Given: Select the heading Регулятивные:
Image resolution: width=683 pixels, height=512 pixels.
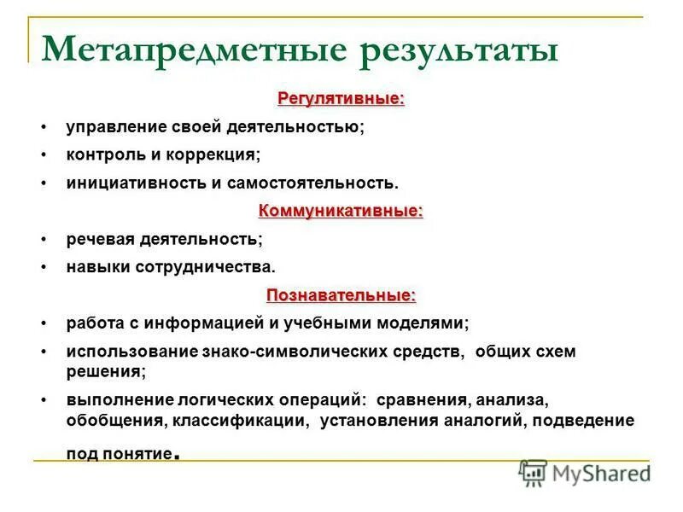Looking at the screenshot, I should (341, 99).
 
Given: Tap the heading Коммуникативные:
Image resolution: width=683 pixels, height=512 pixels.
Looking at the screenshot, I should (341, 211).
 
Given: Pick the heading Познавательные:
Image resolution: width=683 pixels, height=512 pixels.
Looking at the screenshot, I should (341, 295).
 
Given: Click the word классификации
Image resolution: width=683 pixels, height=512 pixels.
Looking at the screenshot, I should (240, 421).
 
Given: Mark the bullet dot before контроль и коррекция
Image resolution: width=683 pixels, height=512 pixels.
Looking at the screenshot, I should (42, 155).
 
